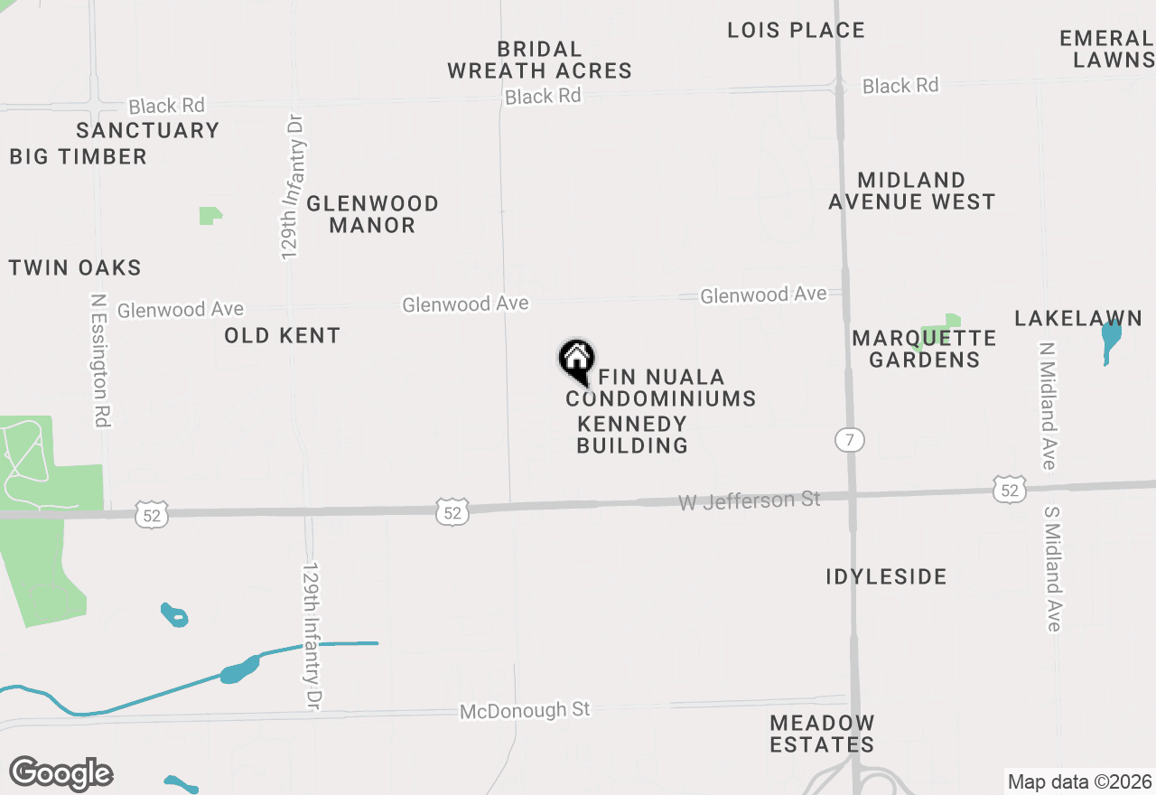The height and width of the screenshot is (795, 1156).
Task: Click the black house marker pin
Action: tap(576, 359)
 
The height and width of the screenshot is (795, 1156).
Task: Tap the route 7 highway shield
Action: tap(849, 440)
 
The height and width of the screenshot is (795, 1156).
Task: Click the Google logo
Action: tap(61, 773)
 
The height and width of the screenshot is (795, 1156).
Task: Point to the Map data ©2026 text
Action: tap(1079, 781)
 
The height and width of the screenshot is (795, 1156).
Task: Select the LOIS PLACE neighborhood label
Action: tap(796, 30)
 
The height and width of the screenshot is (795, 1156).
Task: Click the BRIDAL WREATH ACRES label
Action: tap(539, 60)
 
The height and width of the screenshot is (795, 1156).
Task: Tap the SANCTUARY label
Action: tap(148, 130)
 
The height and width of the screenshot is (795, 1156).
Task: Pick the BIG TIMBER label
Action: tap(78, 156)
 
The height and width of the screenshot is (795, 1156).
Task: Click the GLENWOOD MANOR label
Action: tap(372, 214)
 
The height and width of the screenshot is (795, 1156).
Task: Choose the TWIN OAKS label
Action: tap(75, 267)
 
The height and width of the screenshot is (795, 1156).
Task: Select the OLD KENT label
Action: tap(282, 335)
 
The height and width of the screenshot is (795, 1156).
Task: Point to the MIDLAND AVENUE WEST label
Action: tap(911, 191)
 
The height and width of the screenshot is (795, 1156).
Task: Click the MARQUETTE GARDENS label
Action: tap(924, 349)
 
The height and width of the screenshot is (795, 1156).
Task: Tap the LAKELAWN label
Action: tap(1077, 318)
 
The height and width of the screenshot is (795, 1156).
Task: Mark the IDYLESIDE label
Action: tap(886, 576)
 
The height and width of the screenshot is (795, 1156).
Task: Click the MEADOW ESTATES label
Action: tap(822, 734)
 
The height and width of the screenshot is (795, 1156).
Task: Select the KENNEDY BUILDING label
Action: tap(632, 435)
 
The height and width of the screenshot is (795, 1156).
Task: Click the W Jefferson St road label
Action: tap(749, 500)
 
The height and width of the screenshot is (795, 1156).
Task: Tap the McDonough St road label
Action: tap(525, 710)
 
